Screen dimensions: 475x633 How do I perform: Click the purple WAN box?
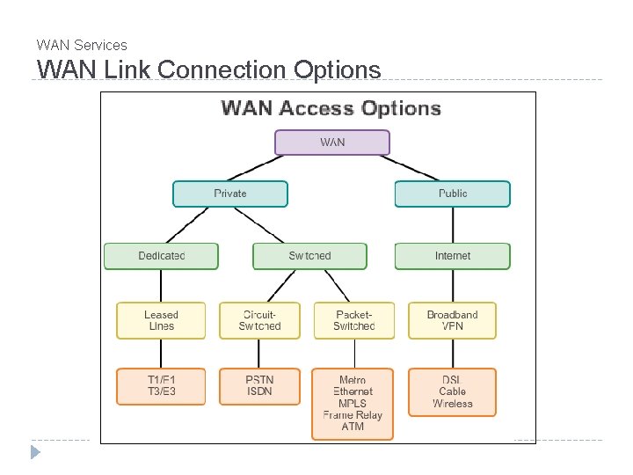[x=332, y=142]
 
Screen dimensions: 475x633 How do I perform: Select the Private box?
[x=230, y=194]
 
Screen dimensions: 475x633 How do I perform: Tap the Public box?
[x=452, y=194]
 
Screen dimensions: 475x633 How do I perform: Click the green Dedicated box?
[x=161, y=256]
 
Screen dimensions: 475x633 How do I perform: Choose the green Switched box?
[x=309, y=256]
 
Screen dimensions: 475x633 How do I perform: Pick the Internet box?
[x=452, y=256]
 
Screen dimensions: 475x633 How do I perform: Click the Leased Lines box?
[x=161, y=320]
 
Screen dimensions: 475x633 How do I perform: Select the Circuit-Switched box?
[x=259, y=320]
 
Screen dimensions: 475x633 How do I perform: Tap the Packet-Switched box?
[x=353, y=320]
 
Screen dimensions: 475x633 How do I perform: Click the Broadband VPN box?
[x=452, y=320]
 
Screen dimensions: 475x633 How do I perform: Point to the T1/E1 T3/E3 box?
[x=161, y=385]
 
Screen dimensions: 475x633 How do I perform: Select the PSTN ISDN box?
[x=259, y=385]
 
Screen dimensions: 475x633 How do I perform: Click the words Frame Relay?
[x=353, y=415]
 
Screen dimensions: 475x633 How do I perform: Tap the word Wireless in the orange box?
[x=452, y=404]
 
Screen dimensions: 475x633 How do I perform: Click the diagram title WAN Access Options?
[x=331, y=108]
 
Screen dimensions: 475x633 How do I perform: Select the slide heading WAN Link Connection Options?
[x=208, y=69]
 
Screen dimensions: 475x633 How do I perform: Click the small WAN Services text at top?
[x=82, y=45]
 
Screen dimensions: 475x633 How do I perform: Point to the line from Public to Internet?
[x=452, y=225]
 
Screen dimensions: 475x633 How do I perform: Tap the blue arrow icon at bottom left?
[x=35, y=453]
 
